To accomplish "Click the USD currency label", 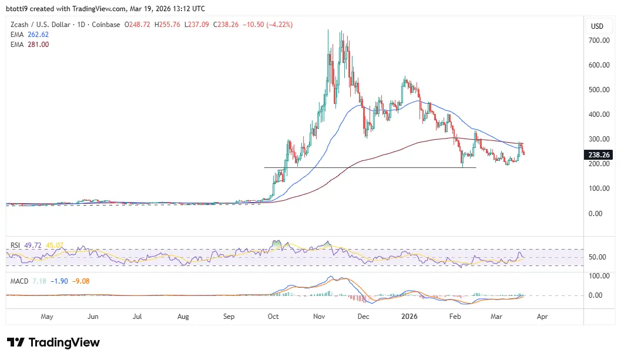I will pos(597,26).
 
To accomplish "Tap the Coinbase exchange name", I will pos(106,25).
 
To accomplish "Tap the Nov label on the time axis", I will pos(319,317).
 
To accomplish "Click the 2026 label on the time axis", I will pos(409,317).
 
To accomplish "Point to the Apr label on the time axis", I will pos(542,317).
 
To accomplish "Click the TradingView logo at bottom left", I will pos(53,342).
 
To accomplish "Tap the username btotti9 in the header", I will pos(19,9).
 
